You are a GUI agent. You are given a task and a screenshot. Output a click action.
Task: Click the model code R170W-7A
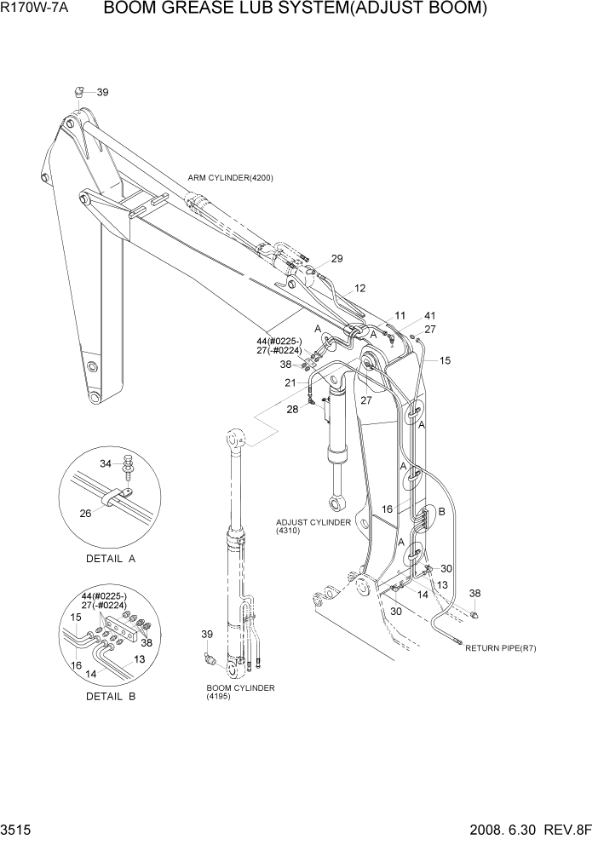point(38,10)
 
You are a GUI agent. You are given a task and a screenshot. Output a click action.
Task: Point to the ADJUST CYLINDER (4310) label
point(313,526)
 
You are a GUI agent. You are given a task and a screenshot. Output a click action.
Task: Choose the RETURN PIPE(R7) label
point(500,648)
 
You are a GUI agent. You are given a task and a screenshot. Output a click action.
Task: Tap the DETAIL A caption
point(111,559)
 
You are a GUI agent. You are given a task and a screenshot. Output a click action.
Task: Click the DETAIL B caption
point(111,696)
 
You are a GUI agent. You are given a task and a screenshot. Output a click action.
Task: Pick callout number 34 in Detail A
point(106,464)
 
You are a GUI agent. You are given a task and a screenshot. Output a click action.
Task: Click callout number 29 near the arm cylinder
point(336,259)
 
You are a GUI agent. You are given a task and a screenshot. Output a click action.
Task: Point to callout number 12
point(359,288)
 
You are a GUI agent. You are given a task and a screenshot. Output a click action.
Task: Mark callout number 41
point(429,315)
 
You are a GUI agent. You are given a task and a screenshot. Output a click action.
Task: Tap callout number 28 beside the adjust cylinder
point(293,410)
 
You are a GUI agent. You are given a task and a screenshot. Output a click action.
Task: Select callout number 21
point(291,383)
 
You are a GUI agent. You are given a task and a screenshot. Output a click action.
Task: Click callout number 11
point(400,316)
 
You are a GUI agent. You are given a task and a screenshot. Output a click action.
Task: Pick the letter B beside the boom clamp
point(441,511)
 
